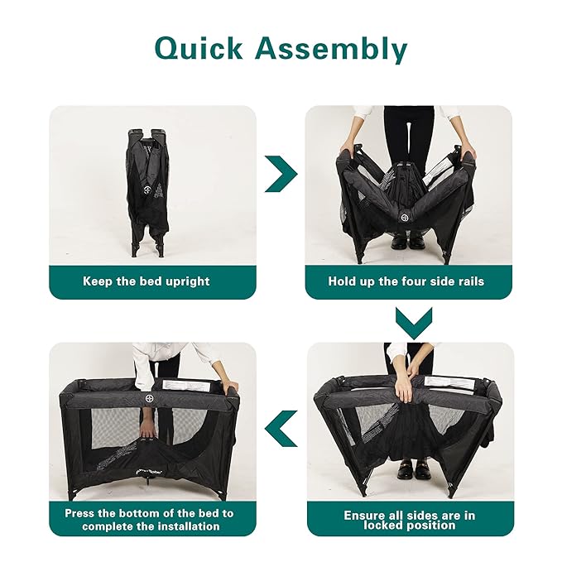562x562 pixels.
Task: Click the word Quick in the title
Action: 199,49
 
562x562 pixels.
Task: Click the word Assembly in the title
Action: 331,49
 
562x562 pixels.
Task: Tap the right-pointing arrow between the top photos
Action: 281,174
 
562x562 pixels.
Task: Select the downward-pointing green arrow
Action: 414,323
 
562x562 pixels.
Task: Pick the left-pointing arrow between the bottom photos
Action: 281,429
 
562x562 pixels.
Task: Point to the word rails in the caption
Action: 469,281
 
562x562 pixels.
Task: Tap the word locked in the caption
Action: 384,526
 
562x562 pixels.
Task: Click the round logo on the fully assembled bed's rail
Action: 150,398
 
